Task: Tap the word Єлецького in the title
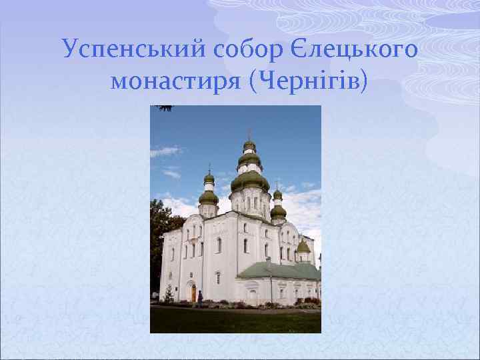tap(365, 49)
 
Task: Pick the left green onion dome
tap(209, 197)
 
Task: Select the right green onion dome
tap(278, 211)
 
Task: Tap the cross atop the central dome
tap(249, 133)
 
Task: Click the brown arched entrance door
tap(193, 293)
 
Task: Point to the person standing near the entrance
tap(199, 298)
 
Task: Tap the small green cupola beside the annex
tap(303, 247)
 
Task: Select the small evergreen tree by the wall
tap(169, 293)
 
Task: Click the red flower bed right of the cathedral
tap(309, 301)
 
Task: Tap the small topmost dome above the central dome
tap(249, 145)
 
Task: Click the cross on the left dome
tap(209, 169)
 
